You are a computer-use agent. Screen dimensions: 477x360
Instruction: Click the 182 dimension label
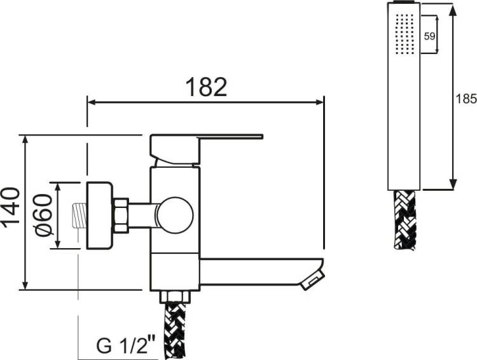(x=206, y=87)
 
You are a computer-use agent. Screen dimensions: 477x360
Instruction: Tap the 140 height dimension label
(x=11, y=207)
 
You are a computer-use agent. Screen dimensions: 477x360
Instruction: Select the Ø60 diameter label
(x=43, y=215)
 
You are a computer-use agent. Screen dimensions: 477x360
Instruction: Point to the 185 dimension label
(x=466, y=99)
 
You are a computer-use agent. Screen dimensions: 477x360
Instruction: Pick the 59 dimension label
(x=429, y=36)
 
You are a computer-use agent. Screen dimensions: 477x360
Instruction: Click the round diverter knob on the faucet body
(x=176, y=215)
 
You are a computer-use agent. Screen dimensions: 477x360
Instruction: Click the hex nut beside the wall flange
(x=121, y=216)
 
